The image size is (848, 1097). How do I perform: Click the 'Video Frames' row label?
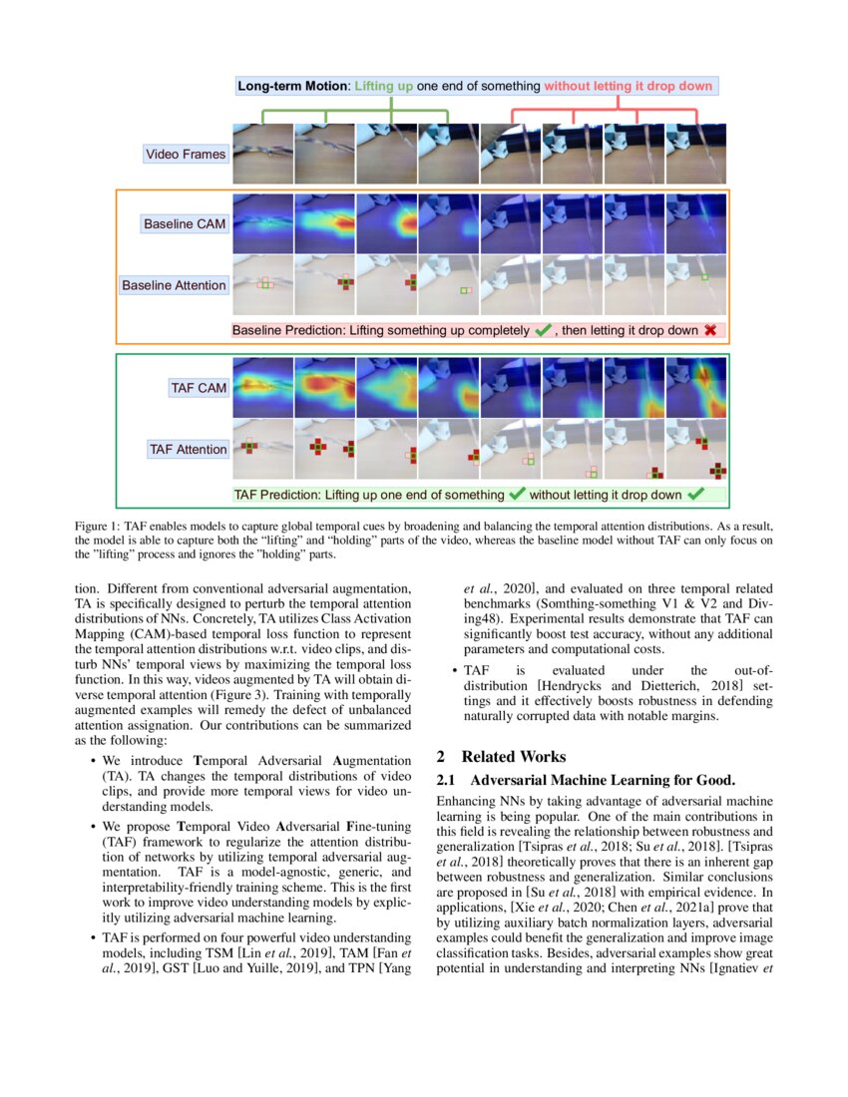pyautogui.click(x=186, y=154)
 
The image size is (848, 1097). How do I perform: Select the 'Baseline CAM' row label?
pyautogui.click(x=184, y=223)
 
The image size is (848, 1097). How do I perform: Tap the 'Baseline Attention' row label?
pyautogui.click(x=174, y=285)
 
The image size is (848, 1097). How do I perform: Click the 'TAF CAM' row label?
pyautogui.click(x=199, y=388)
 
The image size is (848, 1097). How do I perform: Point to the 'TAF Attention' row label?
pyautogui.click(x=188, y=450)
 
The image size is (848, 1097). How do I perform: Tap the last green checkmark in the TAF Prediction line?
pyautogui.click(x=695, y=494)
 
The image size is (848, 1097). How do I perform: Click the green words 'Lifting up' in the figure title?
pyautogui.click(x=384, y=87)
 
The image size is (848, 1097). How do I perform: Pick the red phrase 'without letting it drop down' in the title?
pyautogui.click(x=629, y=87)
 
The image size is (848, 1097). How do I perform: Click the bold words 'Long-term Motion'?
pyautogui.click(x=291, y=87)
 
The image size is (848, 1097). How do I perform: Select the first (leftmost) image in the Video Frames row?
pyautogui.click(x=262, y=154)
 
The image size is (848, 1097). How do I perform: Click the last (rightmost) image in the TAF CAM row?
pyautogui.click(x=696, y=388)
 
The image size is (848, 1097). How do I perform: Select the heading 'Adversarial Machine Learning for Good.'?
pyautogui.click(x=602, y=780)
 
